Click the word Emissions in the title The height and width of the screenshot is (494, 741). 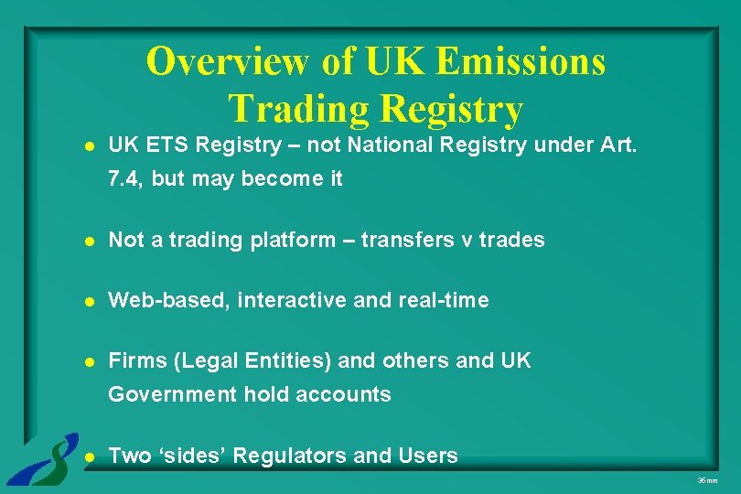pyautogui.click(x=521, y=62)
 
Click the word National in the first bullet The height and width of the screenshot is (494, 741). pyautogui.click(x=414, y=145)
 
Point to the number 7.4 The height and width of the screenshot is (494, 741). pyautogui.click(x=123, y=179)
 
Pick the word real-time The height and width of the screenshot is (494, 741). pyautogui.click(x=445, y=300)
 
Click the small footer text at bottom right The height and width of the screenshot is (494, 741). pyautogui.click(x=707, y=480)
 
